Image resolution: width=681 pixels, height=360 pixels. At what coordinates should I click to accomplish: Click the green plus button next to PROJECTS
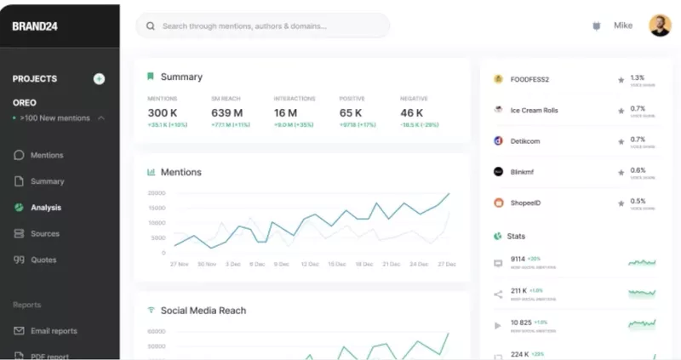tap(99, 79)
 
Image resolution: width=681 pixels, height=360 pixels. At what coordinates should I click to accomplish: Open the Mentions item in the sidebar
tap(47, 156)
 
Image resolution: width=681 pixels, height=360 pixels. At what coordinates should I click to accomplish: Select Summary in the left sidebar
tap(47, 181)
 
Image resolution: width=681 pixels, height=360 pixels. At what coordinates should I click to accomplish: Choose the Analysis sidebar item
tap(46, 208)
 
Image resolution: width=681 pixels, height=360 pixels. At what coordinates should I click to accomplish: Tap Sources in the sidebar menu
tap(45, 234)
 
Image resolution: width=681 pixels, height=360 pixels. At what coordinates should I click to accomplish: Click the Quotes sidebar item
tap(43, 260)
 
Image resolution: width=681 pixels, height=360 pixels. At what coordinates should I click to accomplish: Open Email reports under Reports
tap(54, 331)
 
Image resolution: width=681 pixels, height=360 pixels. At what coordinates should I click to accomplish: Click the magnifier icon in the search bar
tap(151, 26)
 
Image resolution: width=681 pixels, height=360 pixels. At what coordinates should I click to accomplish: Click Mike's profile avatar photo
tap(660, 26)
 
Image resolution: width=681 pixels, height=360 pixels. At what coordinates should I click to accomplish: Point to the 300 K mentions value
tap(163, 113)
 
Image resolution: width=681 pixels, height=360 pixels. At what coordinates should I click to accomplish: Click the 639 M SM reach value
tap(226, 113)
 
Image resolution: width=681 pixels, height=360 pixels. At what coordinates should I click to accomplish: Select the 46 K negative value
tap(412, 113)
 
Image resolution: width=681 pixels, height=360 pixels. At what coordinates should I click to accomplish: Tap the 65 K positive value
tap(351, 113)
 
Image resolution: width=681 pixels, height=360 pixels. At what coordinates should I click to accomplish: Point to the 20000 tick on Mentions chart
tap(156, 193)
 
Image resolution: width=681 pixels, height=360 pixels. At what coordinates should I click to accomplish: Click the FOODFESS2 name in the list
tap(529, 80)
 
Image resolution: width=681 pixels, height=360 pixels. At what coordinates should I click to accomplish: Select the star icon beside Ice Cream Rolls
tap(621, 110)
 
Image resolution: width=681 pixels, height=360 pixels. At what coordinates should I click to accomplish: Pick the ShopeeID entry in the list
tap(525, 203)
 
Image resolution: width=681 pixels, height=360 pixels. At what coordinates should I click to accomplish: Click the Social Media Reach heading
tap(203, 311)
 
